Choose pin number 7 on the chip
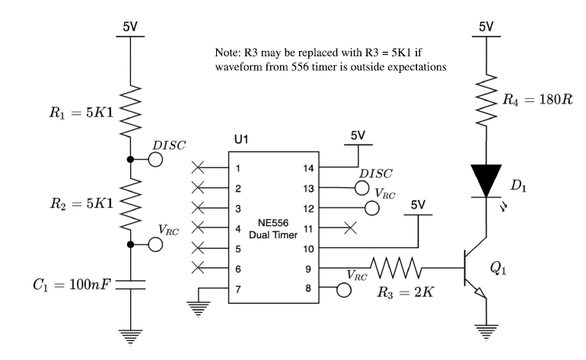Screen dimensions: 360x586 click(x=237, y=289)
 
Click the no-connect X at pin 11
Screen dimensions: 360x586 click(x=350, y=228)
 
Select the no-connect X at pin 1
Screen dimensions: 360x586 click(x=199, y=167)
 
